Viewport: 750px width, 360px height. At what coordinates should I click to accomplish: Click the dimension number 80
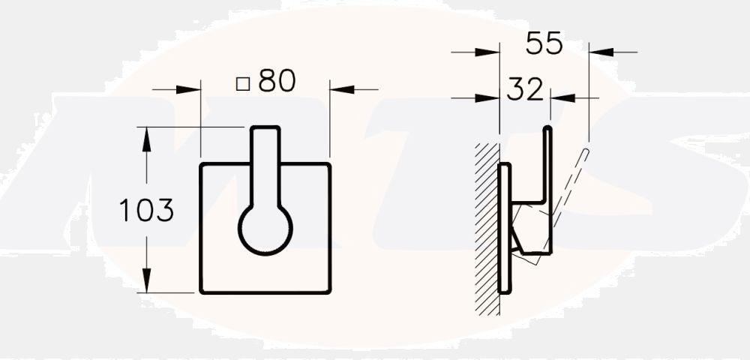click(277, 81)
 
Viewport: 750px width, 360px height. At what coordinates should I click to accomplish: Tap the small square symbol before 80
click(242, 83)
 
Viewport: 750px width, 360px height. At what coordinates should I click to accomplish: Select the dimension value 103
click(147, 211)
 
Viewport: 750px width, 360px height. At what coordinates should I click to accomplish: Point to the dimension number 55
click(544, 44)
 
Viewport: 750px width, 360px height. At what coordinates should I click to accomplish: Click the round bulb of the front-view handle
click(265, 229)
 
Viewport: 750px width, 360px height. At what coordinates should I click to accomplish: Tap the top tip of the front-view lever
click(265, 130)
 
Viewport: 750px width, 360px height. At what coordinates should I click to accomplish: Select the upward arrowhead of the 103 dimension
click(147, 134)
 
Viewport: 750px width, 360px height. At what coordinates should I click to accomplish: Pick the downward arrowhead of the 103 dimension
click(147, 285)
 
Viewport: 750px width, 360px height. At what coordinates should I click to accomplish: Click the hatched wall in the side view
click(487, 225)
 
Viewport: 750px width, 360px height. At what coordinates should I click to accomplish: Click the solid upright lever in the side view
click(547, 165)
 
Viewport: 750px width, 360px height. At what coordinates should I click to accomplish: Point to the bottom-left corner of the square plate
click(201, 292)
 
